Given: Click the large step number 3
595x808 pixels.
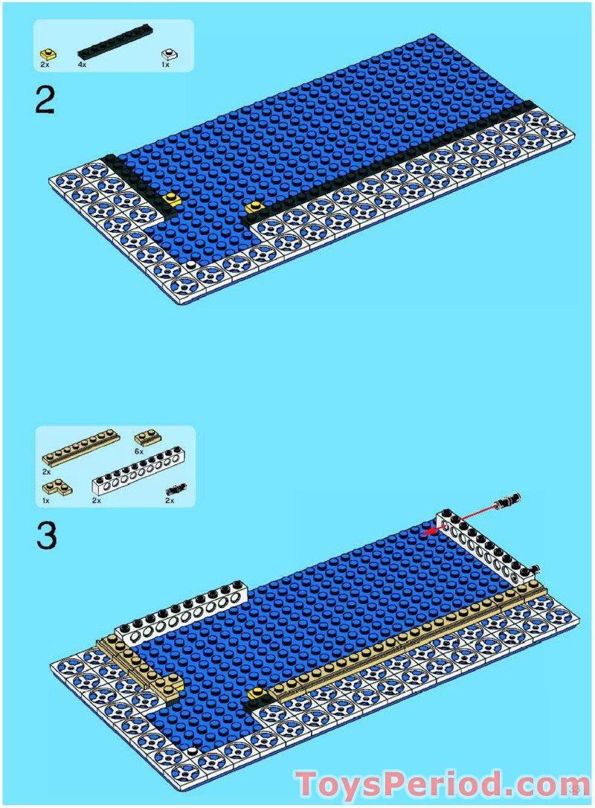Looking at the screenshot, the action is tap(46, 536).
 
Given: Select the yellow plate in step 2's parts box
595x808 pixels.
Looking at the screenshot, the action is tap(48, 54).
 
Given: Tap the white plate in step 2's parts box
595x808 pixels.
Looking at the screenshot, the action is tap(169, 54).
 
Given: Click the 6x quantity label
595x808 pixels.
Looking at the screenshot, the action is tap(138, 452).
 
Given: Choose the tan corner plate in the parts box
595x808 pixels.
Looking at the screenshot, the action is tap(57, 487).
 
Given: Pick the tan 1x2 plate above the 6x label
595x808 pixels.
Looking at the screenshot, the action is tap(147, 437).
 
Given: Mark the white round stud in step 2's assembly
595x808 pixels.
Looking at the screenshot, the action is tap(192, 263).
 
